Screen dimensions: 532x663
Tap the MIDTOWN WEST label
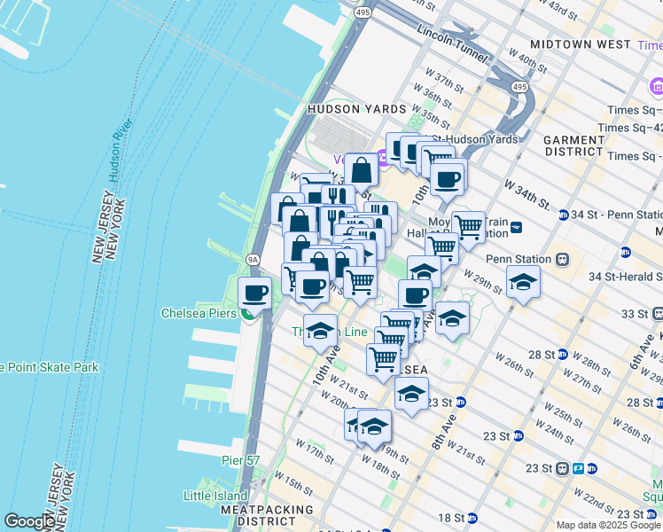[x=580, y=44]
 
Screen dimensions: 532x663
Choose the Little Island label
[x=211, y=495]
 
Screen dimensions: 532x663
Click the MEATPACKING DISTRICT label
[x=267, y=516]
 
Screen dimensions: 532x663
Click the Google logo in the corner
[x=29, y=521]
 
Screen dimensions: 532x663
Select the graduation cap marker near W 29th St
[x=523, y=282]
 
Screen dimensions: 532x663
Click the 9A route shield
[x=253, y=259]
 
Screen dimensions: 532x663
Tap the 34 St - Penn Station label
[x=616, y=215]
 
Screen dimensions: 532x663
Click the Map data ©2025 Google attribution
[x=608, y=525]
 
